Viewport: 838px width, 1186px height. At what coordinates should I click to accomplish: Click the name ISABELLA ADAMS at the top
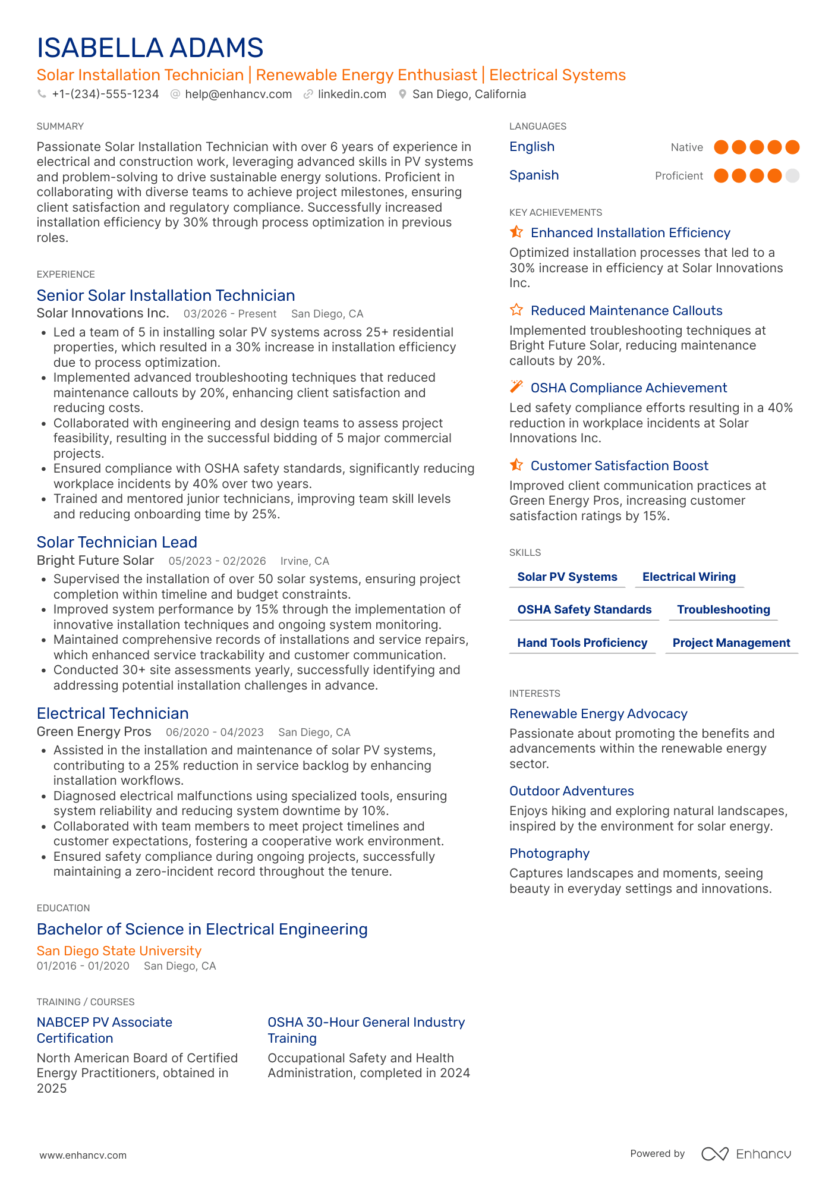pyautogui.click(x=150, y=48)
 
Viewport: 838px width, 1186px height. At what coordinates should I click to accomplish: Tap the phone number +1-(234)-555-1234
pyautogui.click(x=105, y=94)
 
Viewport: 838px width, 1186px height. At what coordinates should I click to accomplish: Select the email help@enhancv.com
pyautogui.click(x=238, y=94)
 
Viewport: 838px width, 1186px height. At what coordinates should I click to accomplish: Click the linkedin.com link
pyautogui.click(x=351, y=94)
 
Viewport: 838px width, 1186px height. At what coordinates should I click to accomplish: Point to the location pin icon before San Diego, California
pyautogui.click(x=402, y=94)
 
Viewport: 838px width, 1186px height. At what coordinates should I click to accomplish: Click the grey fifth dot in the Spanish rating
pyautogui.click(x=792, y=175)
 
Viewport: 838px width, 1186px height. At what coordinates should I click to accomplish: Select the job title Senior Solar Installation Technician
pyautogui.click(x=166, y=295)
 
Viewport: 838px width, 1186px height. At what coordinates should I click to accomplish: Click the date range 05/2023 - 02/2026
pyautogui.click(x=217, y=561)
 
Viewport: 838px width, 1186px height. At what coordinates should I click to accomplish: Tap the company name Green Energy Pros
pyautogui.click(x=94, y=732)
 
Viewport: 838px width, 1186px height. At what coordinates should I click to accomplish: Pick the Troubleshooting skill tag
pyautogui.click(x=723, y=609)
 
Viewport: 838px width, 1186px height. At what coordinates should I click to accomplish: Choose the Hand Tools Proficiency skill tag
pyautogui.click(x=582, y=643)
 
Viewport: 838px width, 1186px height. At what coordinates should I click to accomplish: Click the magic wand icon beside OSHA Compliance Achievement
pyautogui.click(x=516, y=387)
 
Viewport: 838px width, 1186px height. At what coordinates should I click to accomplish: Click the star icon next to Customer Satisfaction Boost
pyautogui.click(x=516, y=465)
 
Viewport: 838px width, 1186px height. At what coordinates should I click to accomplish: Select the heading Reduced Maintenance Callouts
pyautogui.click(x=626, y=310)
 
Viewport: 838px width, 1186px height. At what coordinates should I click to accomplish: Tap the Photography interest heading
pyautogui.click(x=549, y=853)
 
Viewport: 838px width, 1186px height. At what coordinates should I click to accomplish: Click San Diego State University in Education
pyautogui.click(x=119, y=951)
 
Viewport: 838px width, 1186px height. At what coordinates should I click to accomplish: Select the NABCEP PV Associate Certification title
pyautogui.click(x=105, y=1030)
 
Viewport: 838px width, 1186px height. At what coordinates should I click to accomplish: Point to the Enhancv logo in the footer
pyautogui.click(x=746, y=1153)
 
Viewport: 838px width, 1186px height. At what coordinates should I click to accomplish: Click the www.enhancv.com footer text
pyautogui.click(x=83, y=1155)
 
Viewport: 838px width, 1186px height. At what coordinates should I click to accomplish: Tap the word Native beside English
pyautogui.click(x=686, y=147)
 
